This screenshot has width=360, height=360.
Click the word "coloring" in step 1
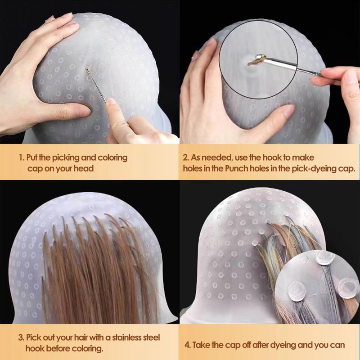112,158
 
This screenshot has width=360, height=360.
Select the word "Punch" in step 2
237,168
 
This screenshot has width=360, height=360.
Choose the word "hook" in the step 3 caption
33,348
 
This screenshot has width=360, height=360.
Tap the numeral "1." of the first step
22,158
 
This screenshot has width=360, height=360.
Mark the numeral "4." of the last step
188,345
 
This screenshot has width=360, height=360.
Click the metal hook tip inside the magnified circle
260,57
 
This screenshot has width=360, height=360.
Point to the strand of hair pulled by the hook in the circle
254,61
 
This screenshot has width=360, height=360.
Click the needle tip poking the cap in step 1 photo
86,69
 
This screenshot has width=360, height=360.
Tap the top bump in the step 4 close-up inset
325,257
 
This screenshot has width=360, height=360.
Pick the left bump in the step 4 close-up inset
297,291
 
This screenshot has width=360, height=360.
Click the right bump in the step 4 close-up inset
347,288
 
